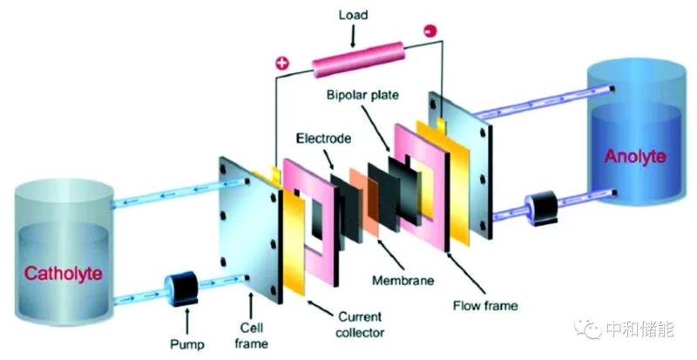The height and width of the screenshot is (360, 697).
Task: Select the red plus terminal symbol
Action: click(x=281, y=64)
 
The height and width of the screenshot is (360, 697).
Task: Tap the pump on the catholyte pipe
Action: click(x=184, y=289)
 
